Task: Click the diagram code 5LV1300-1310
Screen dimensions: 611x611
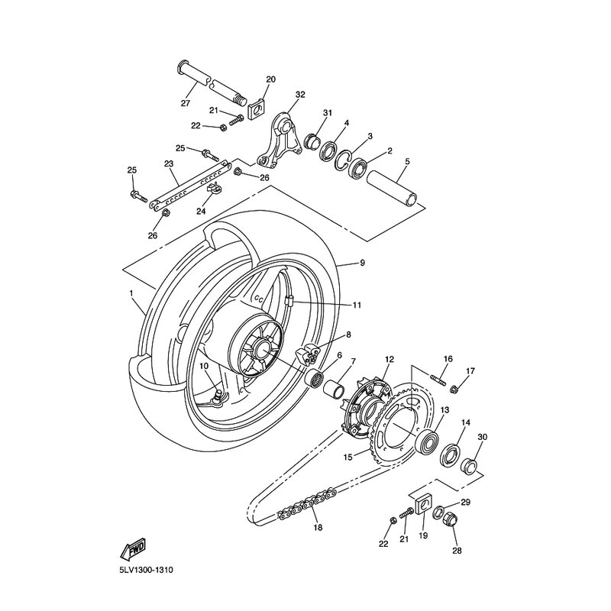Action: point(152,569)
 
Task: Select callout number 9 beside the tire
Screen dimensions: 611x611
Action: point(362,263)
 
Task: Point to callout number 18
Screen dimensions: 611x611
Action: point(315,527)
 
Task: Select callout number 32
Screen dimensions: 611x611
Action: point(299,95)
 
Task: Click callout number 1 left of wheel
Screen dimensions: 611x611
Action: point(131,293)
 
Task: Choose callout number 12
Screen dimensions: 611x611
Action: point(389,359)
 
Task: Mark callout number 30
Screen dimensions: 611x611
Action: point(482,437)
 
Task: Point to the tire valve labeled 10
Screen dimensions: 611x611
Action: point(216,396)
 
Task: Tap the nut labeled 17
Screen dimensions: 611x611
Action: point(455,388)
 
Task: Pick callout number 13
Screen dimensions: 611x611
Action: point(444,410)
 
